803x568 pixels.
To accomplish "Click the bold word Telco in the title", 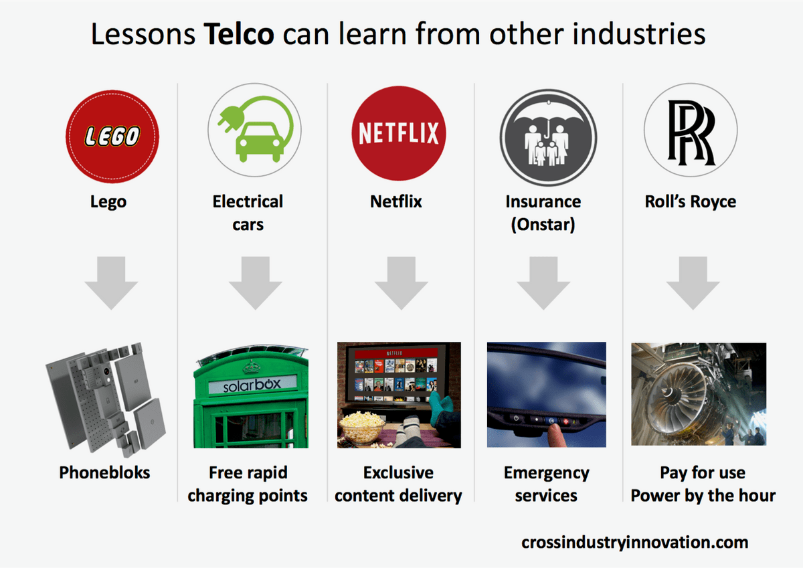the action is point(239,34).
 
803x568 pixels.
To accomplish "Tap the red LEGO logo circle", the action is point(112,136).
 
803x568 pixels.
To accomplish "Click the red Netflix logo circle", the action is point(399,133).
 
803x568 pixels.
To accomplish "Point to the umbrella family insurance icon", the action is point(548,137).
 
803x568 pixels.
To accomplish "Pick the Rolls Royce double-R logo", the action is point(691,132).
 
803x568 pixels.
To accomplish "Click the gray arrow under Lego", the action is point(111,283).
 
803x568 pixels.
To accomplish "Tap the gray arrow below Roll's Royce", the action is point(693,283).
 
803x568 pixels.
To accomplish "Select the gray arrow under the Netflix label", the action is point(401,283).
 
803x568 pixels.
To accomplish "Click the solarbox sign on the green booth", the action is point(252,385).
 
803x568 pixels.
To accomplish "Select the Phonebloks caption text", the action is point(104,472).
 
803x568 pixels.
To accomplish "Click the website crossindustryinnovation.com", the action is point(635,542).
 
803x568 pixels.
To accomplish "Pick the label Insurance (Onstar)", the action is point(543,213).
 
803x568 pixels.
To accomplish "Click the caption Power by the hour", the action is point(703,496).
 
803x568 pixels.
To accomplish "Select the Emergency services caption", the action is point(546,484).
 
